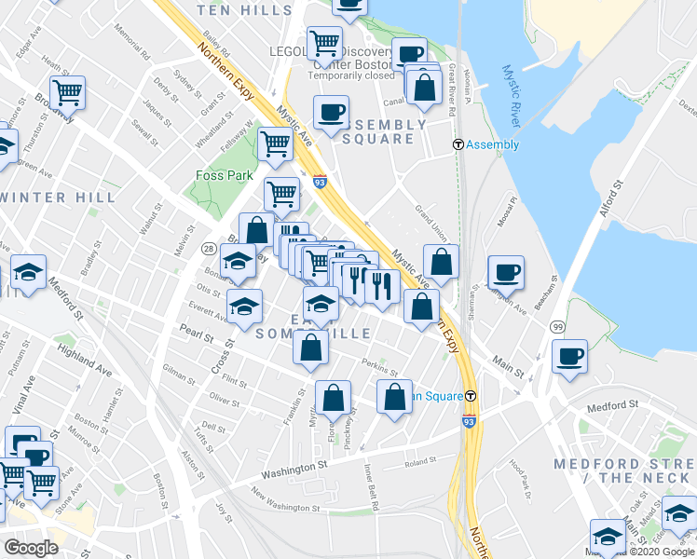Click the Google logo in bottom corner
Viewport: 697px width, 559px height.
point(32,548)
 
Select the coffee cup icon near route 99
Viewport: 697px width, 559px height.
point(569,357)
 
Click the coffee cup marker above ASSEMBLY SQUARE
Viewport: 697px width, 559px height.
point(330,114)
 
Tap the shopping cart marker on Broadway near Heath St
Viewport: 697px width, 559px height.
point(68,93)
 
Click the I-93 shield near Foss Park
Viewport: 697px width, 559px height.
point(320,183)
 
